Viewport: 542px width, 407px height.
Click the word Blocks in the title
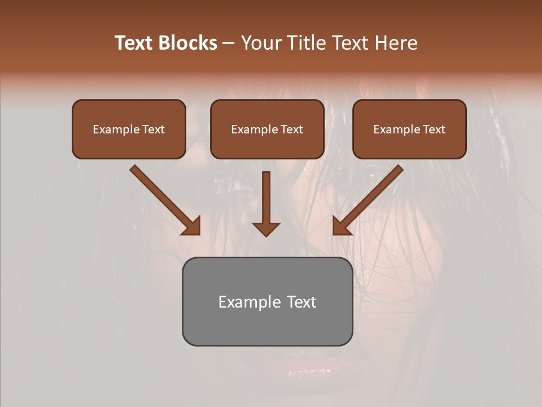pyautogui.click(x=187, y=43)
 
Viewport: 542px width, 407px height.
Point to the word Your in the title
pyautogui.click(x=261, y=43)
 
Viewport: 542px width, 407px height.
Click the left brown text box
pyautogui.click(x=129, y=129)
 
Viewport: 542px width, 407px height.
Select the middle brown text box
pyautogui.click(x=267, y=129)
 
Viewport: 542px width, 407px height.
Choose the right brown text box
pyautogui.click(x=409, y=129)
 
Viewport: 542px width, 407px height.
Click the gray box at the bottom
pyautogui.click(x=267, y=302)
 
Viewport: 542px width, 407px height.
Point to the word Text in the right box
pyautogui.click(x=434, y=129)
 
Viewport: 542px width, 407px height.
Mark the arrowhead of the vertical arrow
pyautogui.click(x=266, y=228)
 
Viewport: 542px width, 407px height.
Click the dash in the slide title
pyautogui.click(x=229, y=43)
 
